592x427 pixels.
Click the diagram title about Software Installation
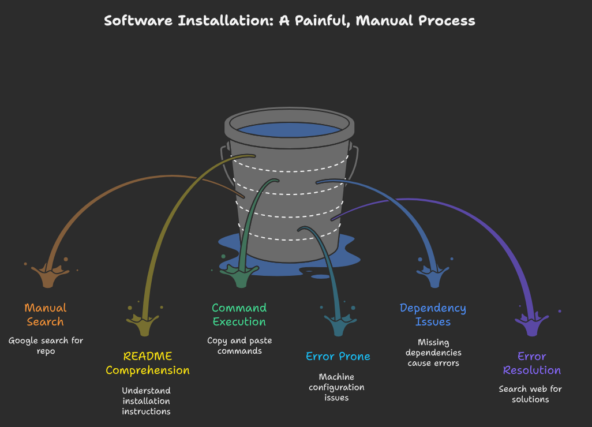[290, 21]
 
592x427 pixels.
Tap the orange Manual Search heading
[45, 314]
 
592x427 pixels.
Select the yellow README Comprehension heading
[147, 363]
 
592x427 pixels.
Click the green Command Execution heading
[239, 314]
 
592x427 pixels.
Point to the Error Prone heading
[338, 356]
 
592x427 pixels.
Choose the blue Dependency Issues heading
[433, 314]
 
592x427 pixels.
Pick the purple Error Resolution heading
[531, 363]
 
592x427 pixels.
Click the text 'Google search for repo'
[46, 345]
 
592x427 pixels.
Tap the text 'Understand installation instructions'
[146, 401]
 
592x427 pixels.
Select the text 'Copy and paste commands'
[239, 345]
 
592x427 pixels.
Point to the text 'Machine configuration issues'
[336, 387]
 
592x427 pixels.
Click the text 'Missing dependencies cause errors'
[433, 353]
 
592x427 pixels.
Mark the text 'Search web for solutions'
[530, 394]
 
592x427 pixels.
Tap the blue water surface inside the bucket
[288, 130]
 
